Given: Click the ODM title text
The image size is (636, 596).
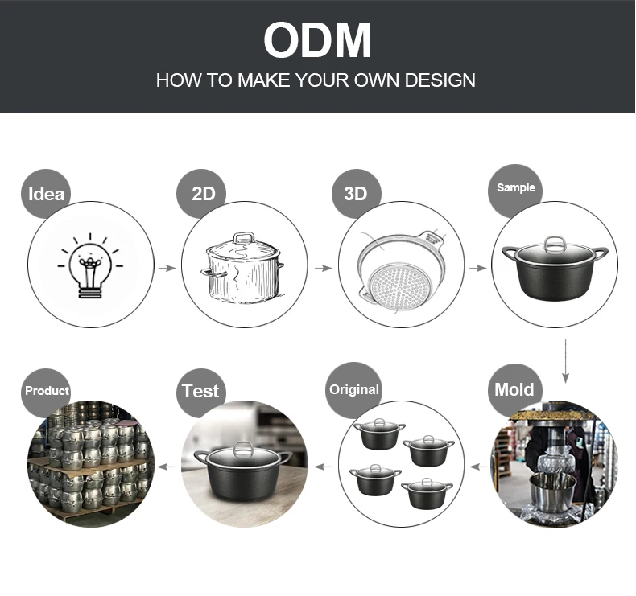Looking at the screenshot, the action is [x=317, y=40].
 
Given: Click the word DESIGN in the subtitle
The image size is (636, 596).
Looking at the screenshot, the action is [x=440, y=80].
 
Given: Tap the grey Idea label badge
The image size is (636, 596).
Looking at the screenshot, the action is [x=46, y=194].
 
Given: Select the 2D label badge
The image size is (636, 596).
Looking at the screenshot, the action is [x=201, y=194].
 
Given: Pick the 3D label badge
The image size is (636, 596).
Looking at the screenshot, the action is [x=357, y=194].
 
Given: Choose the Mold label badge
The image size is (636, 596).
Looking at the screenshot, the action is [x=514, y=390].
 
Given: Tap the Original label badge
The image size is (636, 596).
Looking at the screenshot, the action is [x=354, y=390].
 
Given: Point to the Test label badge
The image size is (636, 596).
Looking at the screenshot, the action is [x=200, y=392].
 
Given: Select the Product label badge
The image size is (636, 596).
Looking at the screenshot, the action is [x=46, y=392].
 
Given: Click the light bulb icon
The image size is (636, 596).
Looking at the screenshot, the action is [x=90, y=265].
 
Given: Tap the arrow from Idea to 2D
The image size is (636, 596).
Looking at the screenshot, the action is [x=167, y=268].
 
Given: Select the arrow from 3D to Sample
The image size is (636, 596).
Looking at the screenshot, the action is [x=478, y=268].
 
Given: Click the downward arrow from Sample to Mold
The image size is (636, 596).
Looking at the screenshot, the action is [x=565, y=361].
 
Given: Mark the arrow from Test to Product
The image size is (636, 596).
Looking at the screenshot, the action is [x=166, y=467].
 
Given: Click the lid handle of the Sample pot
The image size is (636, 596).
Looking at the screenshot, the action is [x=555, y=245].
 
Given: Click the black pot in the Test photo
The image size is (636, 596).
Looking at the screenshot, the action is [x=243, y=467].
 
